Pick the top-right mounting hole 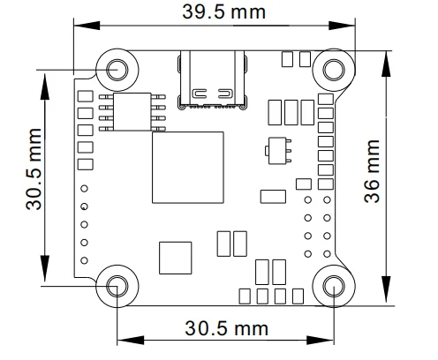334,68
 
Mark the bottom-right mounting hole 334,285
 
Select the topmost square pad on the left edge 86,96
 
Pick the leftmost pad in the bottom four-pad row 245,295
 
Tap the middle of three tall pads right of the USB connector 290,112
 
